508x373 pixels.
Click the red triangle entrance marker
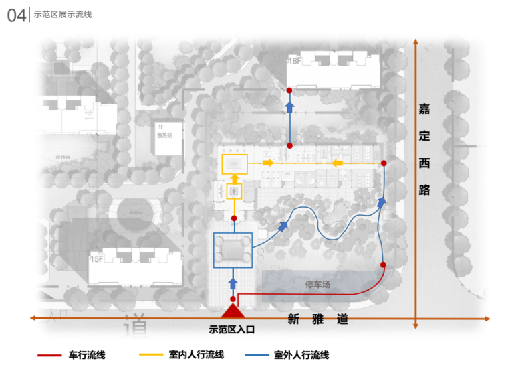(233, 311)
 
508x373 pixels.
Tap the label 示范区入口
(233, 329)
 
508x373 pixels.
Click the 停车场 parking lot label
(317, 285)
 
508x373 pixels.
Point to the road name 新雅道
(318, 320)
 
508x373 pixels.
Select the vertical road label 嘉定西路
(424, 149)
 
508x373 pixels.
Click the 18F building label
(293, 61)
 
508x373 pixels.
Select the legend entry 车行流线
(87, 355)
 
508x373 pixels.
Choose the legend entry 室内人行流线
(195, 355)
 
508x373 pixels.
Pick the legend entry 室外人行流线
(301, 355)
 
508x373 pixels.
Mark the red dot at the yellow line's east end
(384, 163)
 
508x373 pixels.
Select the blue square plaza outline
(233, 250)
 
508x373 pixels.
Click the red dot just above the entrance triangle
(233, 299)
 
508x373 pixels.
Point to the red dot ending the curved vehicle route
(383, 265)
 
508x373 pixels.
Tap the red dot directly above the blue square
(233, 218)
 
